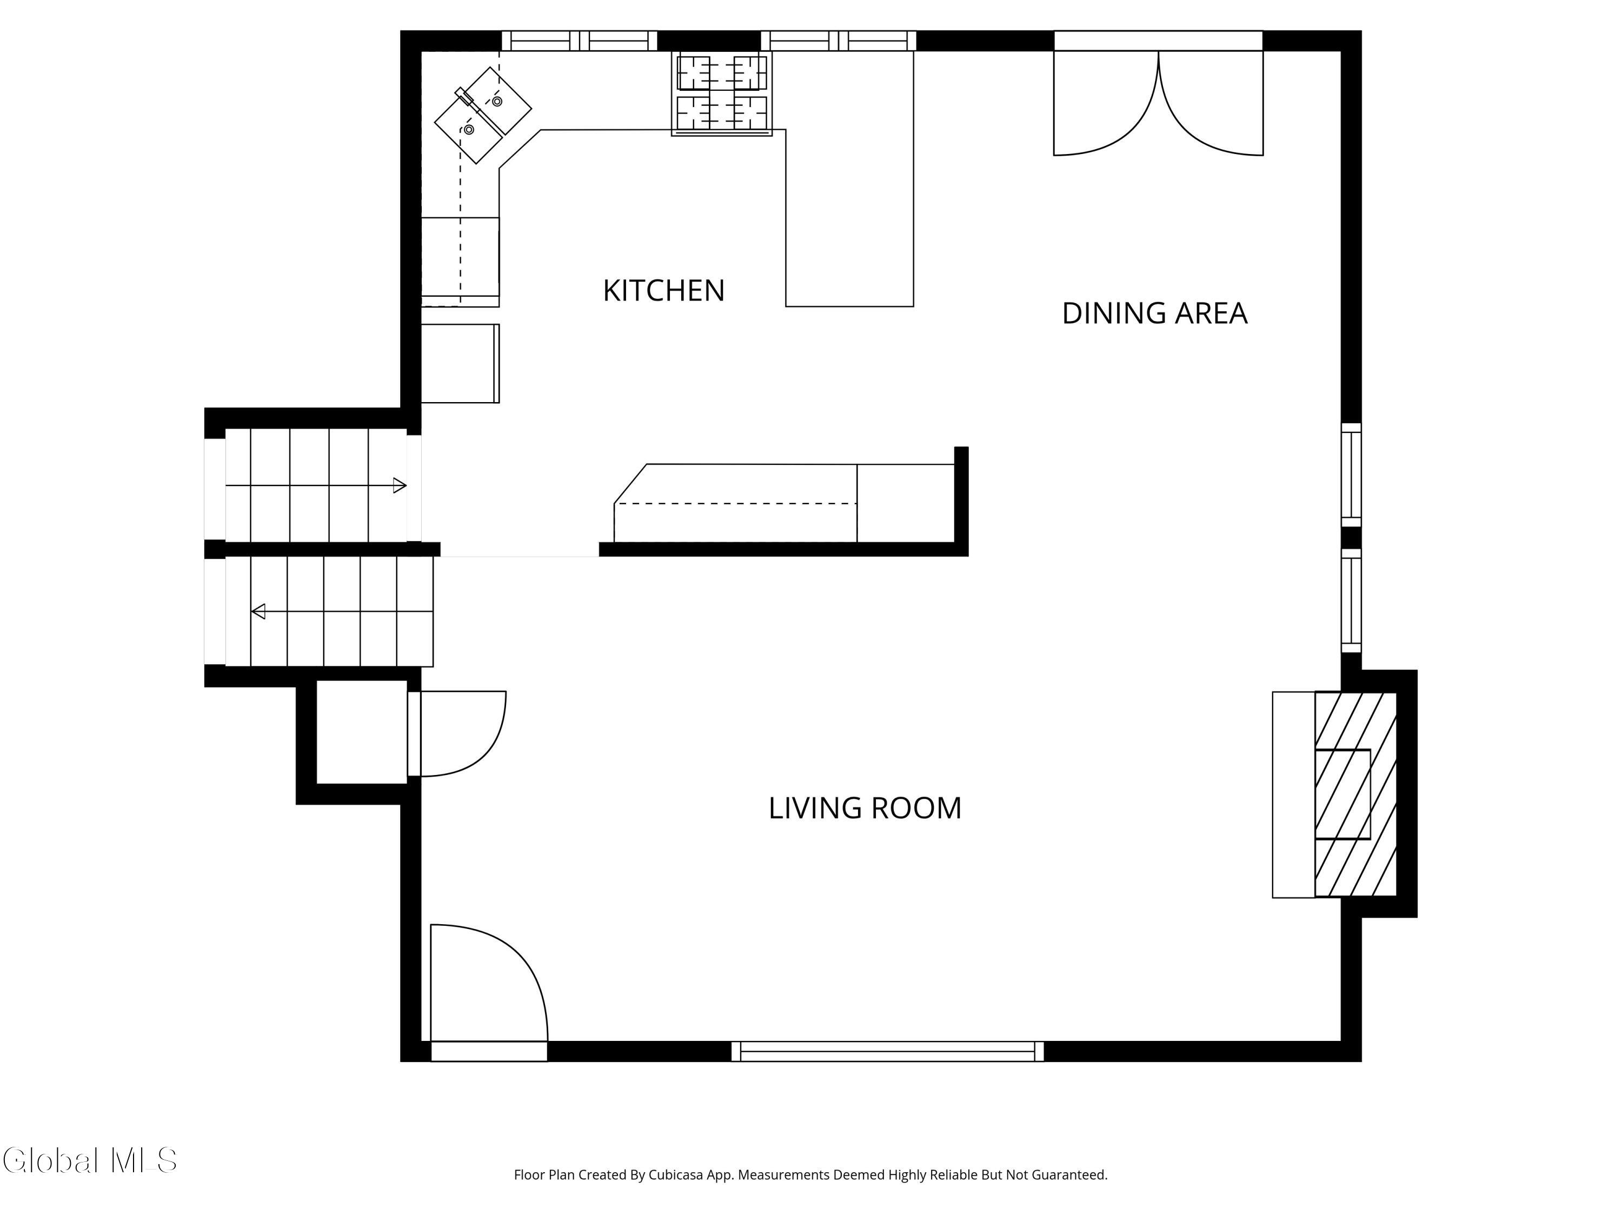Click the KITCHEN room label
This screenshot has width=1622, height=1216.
[663, 291]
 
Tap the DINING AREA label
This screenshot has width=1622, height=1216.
[1154, 313]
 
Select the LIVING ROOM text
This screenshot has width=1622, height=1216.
[865, 809]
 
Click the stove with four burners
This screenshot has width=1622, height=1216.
[722, 93]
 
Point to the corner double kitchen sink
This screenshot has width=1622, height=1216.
[482, 115]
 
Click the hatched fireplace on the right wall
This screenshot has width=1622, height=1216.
[1355, 794]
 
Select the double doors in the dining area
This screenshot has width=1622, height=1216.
[1158, 103]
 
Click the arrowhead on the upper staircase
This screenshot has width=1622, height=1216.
[400, 485]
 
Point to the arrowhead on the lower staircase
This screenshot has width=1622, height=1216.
[258, 611]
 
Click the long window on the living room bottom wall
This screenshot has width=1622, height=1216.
[887, 1051]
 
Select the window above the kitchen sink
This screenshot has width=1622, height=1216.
[579, 41]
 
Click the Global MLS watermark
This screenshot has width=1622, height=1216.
[89, 1160]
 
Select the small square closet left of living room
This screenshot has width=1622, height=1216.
[362, 732]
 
